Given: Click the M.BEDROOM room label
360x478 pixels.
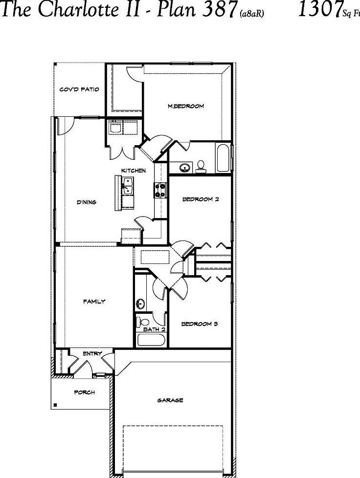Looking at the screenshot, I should (185, 106).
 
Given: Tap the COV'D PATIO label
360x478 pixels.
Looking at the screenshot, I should (79, 89).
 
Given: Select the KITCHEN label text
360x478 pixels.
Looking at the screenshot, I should (134, 171).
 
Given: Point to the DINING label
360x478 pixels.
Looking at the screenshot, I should (87, 202).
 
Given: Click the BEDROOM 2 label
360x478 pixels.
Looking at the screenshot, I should (200, 199).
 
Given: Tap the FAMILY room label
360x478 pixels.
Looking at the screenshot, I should (94, 302).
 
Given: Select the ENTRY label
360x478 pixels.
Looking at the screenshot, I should (92, 353).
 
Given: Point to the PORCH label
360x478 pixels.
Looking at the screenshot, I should (84, 392).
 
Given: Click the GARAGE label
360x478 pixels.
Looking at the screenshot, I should (170, 400).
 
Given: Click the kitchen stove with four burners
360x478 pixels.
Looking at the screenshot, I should (160, 189).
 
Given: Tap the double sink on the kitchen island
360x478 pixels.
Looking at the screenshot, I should (128, 186).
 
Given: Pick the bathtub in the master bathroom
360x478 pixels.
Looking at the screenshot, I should (223, 158).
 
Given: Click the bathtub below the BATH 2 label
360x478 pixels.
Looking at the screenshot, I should (152, 340).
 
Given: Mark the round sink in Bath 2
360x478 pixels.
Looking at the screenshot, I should (140, 304).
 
